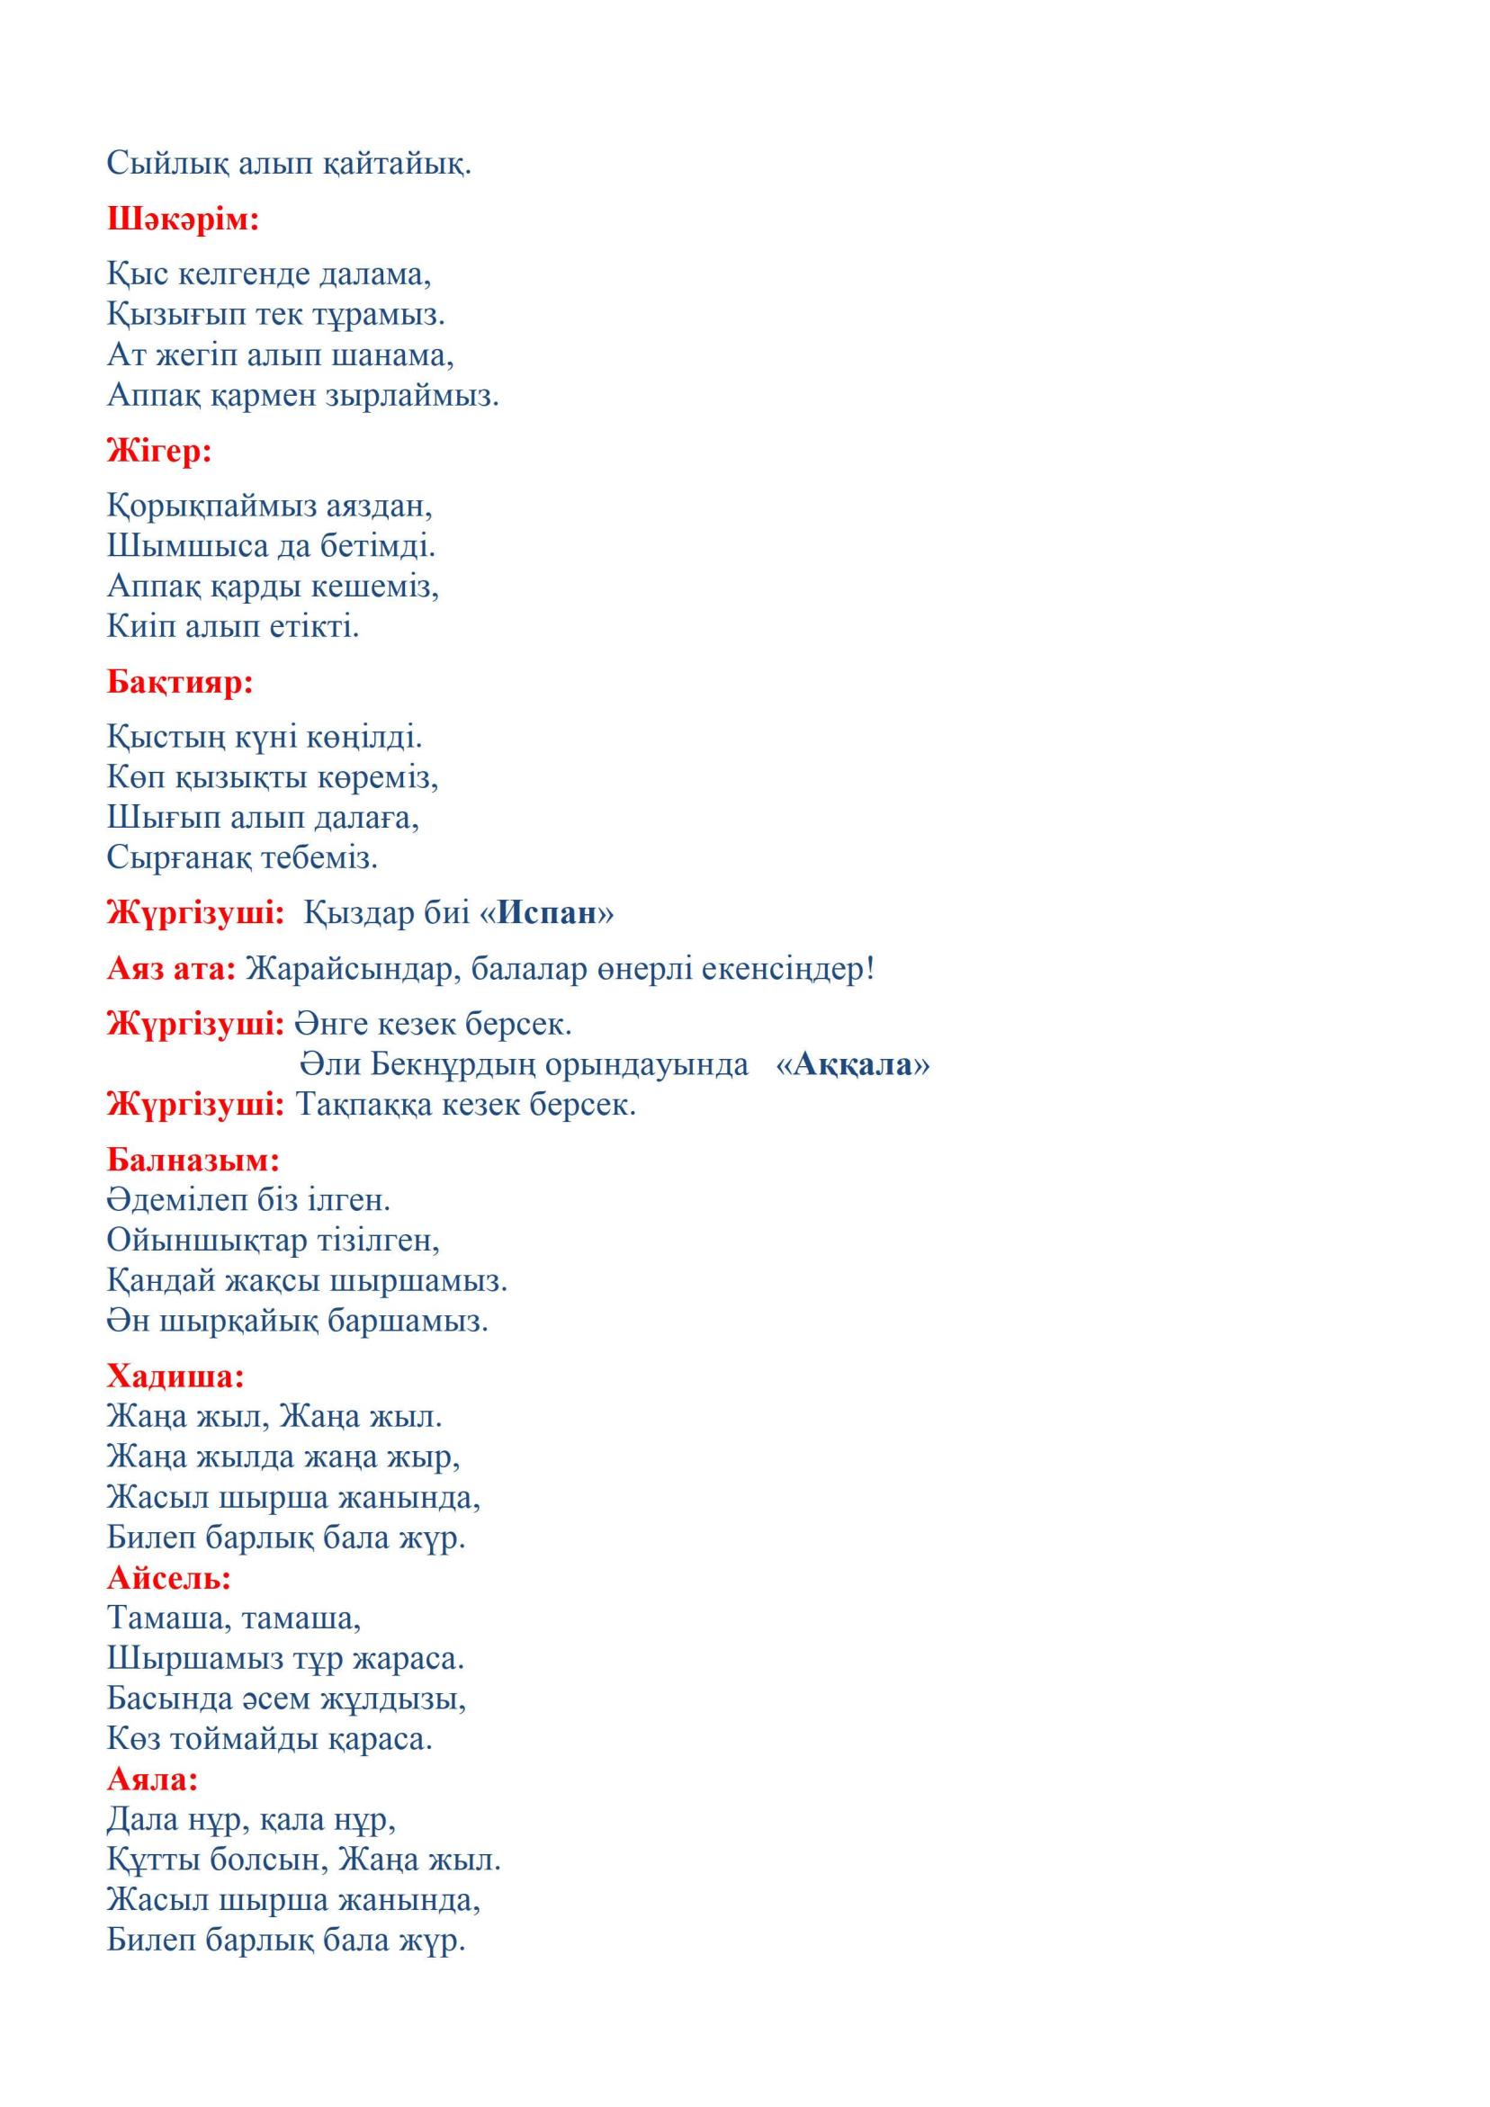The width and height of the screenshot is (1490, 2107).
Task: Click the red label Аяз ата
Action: pyautogui.click(x=171, y=968)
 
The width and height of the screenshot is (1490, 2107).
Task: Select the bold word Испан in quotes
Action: pyautogui.click(x=547, y=913)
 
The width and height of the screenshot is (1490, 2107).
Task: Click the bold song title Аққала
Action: pyautogui.click(x=853, y=1063)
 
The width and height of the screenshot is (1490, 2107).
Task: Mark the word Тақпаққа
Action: pyautogui.click(x=364, y=1104)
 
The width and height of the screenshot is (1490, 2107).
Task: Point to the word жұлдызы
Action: pyautogui.click(x=393, y=1699)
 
